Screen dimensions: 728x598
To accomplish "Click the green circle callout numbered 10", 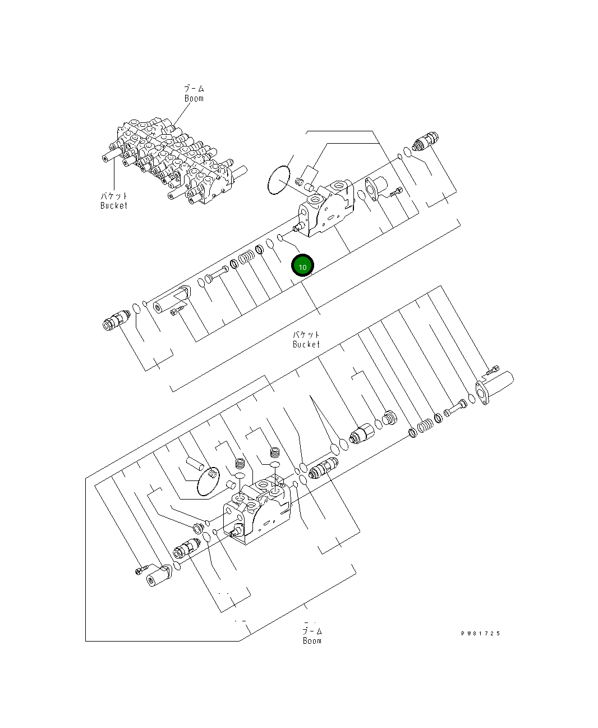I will coord(302,267).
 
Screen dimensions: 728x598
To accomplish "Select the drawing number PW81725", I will coord(480,634).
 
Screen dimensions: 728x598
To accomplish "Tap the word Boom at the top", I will coord(194,98).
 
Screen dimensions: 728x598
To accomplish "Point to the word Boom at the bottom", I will coord(312,640).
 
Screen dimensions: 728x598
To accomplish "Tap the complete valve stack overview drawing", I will coord(171,160).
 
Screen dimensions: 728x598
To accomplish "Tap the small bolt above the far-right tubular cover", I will coord(493,369).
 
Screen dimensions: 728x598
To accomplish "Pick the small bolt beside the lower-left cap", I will coord(140,570).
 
